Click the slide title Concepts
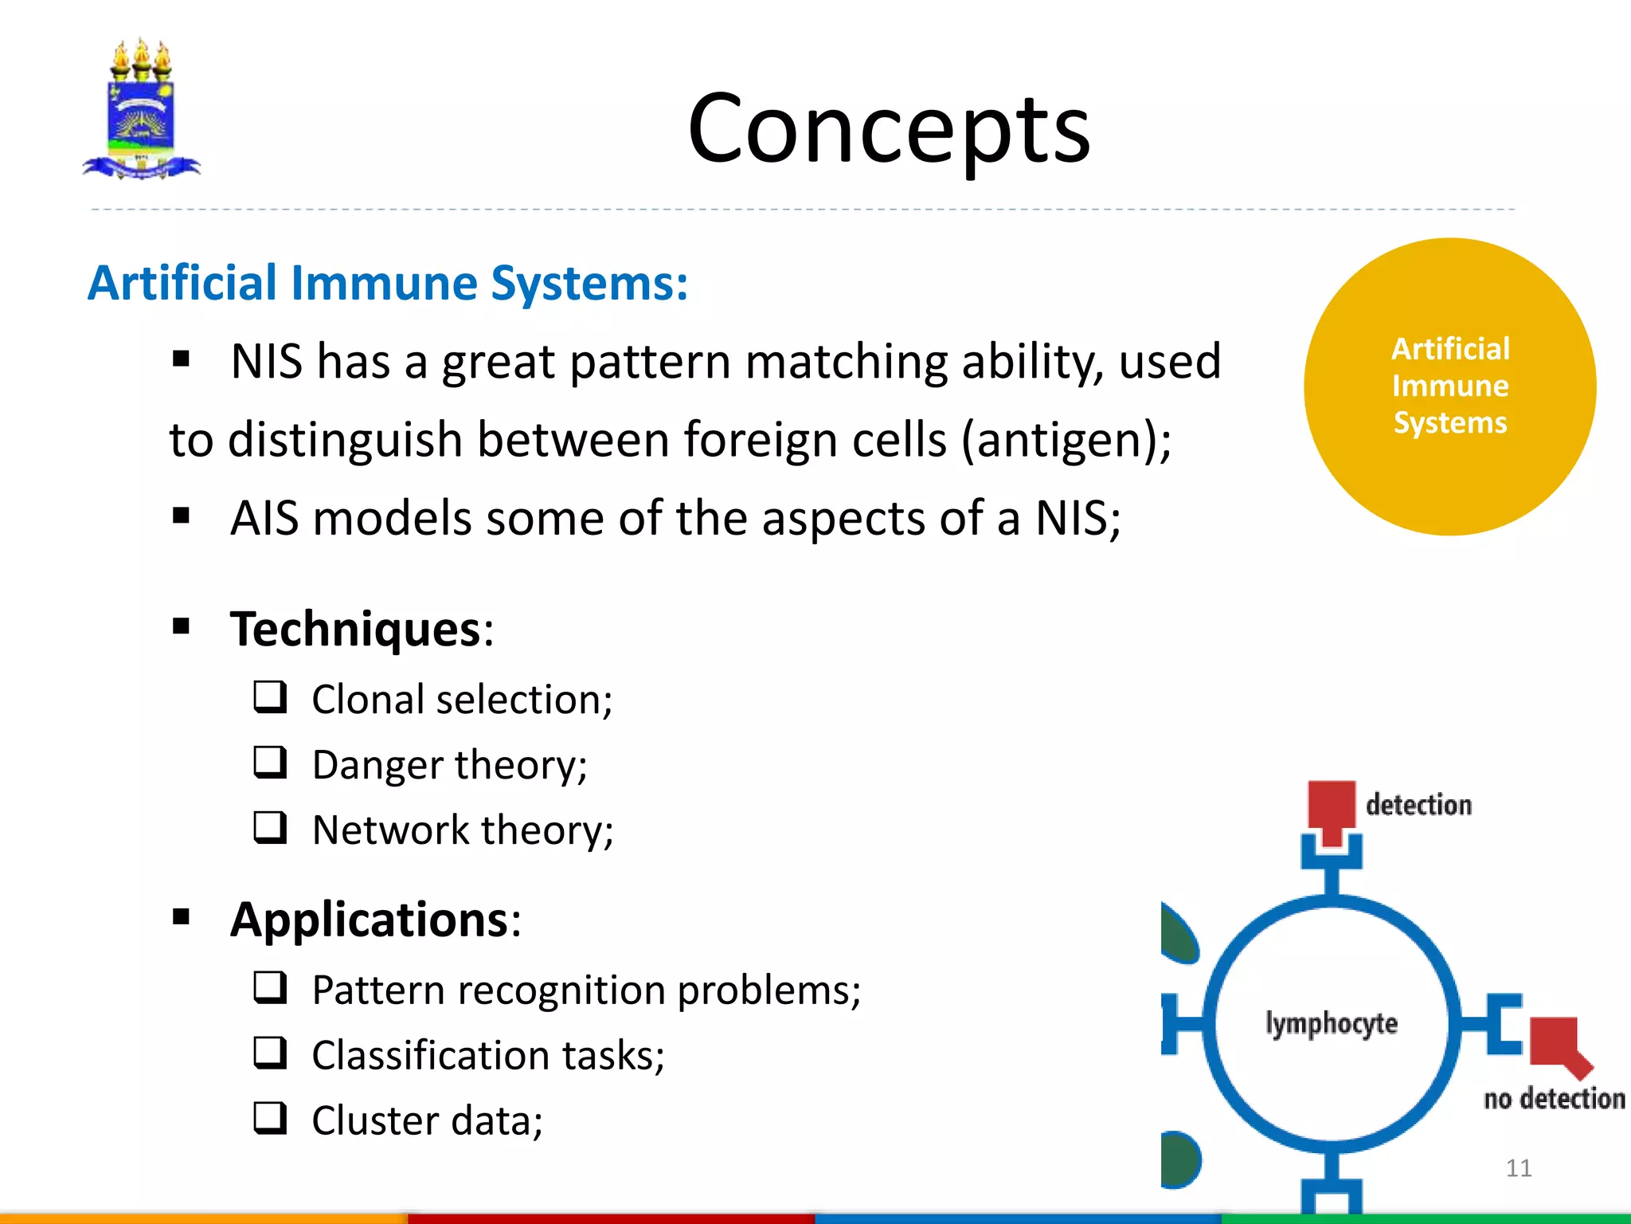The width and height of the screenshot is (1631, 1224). pos(888,129)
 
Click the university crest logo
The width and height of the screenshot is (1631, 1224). pos(142,110)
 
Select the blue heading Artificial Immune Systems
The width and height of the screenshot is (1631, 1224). pos(388,283)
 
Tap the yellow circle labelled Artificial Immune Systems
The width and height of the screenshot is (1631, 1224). pos(1449,386)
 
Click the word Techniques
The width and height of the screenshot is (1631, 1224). pos(355,629)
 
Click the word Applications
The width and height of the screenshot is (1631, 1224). pos(370,920)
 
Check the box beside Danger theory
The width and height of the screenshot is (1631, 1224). pos(270,762)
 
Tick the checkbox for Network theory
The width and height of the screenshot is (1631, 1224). pos(270,827)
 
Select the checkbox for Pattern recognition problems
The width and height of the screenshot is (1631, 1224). pos(270,987)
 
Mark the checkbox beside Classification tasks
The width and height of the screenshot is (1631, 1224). pos(270,1053)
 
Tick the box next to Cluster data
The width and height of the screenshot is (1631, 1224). pos(270,1118)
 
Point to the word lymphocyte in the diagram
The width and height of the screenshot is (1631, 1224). pos(1332,1023)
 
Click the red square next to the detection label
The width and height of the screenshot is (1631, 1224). pos(1331,806)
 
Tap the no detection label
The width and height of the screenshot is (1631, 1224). pos(1554,1099)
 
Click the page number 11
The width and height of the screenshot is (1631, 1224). pos(1519,1168)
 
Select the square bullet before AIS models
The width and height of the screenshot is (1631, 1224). pos(182,517)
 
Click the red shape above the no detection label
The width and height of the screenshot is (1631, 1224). pos(1557,1042)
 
